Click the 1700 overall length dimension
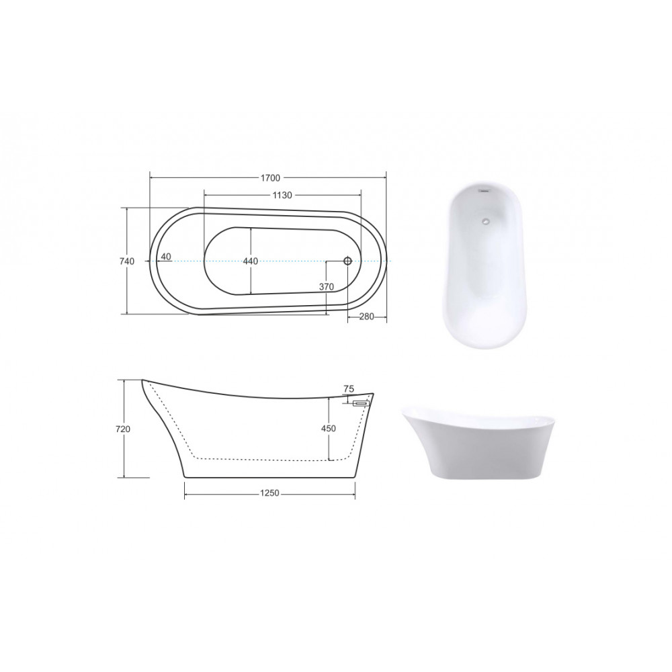pyautogui.click(x=270, y=177)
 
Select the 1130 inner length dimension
pyautogui.click(x=282, y=196)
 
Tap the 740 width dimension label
pyautogui.click(x=127, y=261)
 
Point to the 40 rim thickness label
pyautogui.click(x=166, y=257)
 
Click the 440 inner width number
pyautogui.click(x=250, y=261)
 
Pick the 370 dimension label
pyautogui.click(x=327, y=287)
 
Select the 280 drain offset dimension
pyautogui.click(x=366, y=317)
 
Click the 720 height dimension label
pyautogui.click(x=123, y=429)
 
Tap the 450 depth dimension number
pyautogui.click(x=329, y=428)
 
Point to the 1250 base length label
pyautogui.click(x=270, y=493)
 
